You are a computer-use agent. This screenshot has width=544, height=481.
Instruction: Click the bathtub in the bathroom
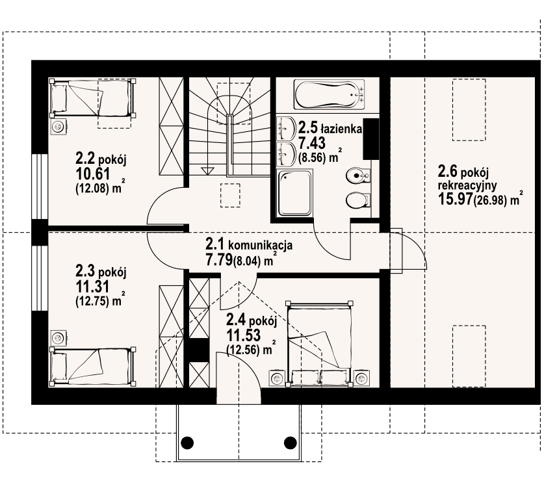pyautogui.click(x=329, y=94)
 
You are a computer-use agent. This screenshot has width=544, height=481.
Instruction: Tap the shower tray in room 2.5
pyautogui.click(x=295, y=192)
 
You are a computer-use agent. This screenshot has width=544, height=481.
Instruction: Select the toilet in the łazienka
pyautogui.click(x=358, y=201)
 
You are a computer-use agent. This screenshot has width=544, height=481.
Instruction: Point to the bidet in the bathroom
pyautogui.click(x=358, y=176)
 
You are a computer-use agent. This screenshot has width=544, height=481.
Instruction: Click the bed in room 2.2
pyautogui.click(x=92, y=99)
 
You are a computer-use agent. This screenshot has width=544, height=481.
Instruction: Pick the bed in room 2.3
pyautogui.click(x=92, y=366)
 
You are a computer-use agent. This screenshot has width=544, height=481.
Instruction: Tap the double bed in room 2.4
pyautogui.click(x=319, y=344)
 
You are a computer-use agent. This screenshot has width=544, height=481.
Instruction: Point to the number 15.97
pyautogui.click(x=455, y=199)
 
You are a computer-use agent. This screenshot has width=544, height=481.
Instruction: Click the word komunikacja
pyautogui.click(x=260, y=245)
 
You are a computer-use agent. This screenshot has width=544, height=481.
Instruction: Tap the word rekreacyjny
pyautogui.click(x=467, y=186)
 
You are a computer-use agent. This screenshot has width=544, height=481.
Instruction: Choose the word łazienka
pyautogui.click(x=341, y=129)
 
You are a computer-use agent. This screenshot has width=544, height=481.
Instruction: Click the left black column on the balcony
pyautogui.click(x=187, y=443)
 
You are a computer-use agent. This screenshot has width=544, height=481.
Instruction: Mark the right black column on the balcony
pyautogui.click(x=291, y=443)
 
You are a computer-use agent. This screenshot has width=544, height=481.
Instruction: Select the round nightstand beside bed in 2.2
pyautogui.click(x=58, y=127)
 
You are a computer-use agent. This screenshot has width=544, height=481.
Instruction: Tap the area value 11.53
pyautogui.click(x=244, y=335)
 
